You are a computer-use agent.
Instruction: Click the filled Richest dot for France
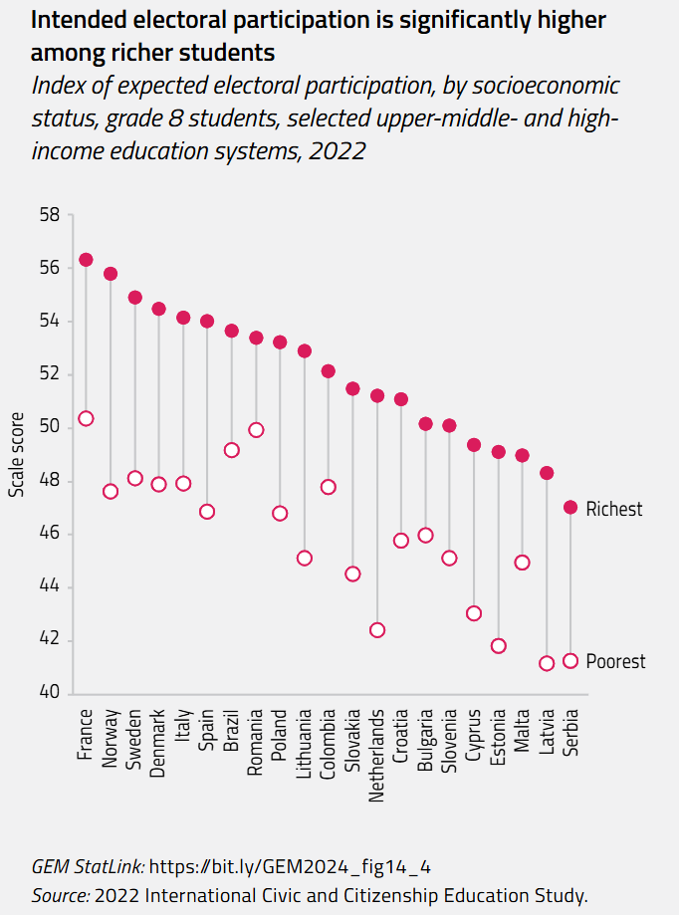pyautogui.click(x=86, y=260)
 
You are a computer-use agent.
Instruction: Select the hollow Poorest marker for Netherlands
pyautogui.click(x=377, y=630)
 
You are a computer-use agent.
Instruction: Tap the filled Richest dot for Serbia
pyautogui.click(x=570, y=508)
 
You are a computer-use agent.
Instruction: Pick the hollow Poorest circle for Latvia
pyautogui.click(x=547, y=663)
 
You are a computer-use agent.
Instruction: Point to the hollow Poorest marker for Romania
pyautogui.click(x=256, y=430)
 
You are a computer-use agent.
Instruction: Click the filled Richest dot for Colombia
pyautogui.click(x=329, y=371)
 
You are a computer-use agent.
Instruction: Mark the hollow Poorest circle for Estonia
pyautogui.click(x=499, y=646)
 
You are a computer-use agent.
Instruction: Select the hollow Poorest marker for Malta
pyautogui.click(x=522, y=563)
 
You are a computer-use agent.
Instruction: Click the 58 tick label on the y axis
pyautogui.click(x=49, y=215)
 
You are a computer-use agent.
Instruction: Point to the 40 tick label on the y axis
pyautogui.click(x=49, y=693)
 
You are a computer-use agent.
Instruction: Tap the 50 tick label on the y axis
pyautogui.click(x=49, y=427)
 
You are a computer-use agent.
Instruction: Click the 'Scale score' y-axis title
pyautogui.click(x=17, y=454)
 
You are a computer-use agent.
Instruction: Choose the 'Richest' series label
pyautogui.click(x=614, y=510)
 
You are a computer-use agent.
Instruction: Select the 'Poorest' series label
pyautogui.click(x=615, y=662)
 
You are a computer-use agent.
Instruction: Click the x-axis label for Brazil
pyautogui.click(x=232, y=731)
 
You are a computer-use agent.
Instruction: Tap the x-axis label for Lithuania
pyautogui.click(x=305, y=743)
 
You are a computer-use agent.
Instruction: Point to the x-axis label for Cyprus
pyautogui.click(x=474, y=734)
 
